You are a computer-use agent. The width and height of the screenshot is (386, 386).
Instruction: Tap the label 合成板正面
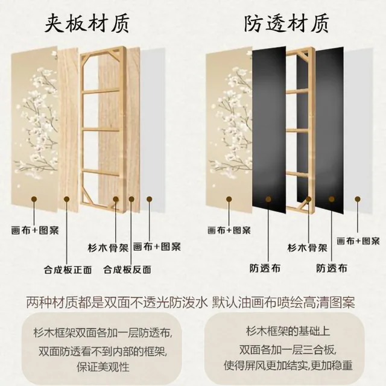pos(66,270)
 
